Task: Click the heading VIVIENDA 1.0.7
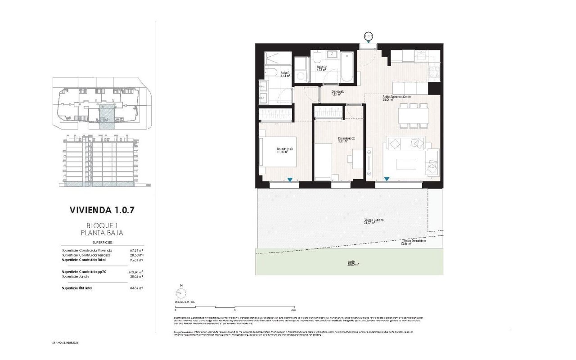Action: [103, 209]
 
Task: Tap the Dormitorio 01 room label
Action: [285, 150]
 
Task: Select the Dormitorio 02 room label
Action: [347, 140]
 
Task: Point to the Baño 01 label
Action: [285, 74]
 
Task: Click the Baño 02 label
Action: [322, 68]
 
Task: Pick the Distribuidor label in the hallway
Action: [338, 93]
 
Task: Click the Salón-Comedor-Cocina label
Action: [397, 98]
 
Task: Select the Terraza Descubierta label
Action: [413, 242]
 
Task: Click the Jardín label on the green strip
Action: [351, 263]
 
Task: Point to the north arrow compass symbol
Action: [181, 293]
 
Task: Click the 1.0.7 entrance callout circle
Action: [368, 36]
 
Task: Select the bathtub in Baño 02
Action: [348, 67]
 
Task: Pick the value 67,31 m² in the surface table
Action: [135, 250]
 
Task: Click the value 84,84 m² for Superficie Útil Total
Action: [135, 288]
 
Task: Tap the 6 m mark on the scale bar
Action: [293, 310]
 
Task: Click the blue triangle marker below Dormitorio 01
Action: [290, 180]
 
